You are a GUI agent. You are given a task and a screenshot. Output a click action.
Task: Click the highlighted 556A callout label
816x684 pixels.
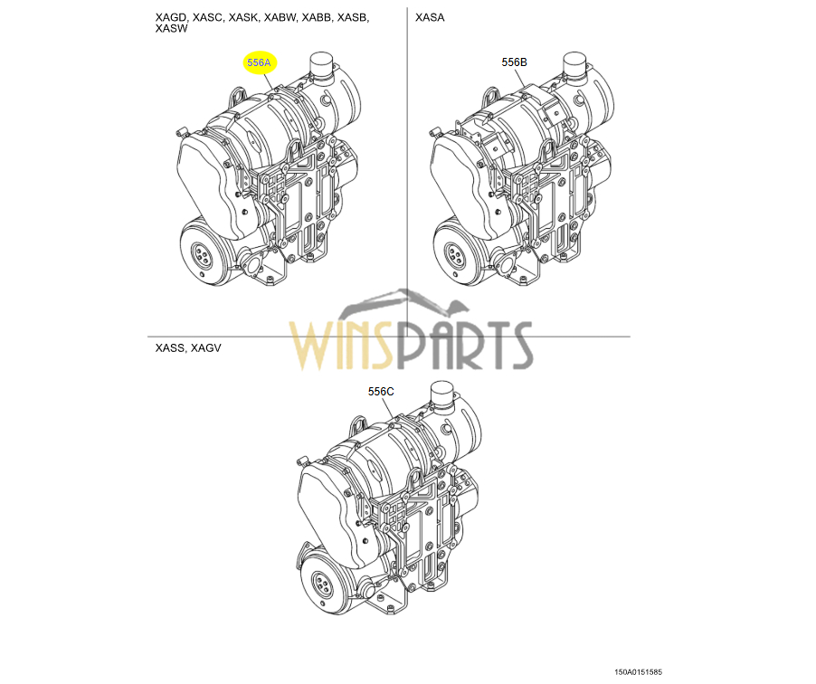(259, 63)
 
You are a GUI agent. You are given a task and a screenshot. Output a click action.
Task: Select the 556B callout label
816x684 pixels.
(514, 62)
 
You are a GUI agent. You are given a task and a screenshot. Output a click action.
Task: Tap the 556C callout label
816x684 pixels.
(381, 392)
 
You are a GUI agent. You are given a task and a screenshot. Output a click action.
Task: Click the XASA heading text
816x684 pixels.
(430, 17)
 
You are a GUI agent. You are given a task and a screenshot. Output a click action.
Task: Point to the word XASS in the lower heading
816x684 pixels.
(170, 347)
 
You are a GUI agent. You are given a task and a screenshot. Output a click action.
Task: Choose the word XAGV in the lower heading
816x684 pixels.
(205, 347)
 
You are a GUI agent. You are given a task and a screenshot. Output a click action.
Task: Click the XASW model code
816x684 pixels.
(171, 29)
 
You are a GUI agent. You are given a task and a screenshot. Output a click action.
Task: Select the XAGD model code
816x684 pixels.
(171, 17)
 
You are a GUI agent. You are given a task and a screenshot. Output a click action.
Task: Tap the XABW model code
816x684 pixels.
(280, 17)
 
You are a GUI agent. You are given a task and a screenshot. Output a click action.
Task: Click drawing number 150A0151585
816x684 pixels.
(638, 672)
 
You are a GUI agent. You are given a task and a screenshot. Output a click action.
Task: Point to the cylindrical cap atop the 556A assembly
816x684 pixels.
(322, 65)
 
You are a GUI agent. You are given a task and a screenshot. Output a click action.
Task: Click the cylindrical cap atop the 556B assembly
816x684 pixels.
(575, 65)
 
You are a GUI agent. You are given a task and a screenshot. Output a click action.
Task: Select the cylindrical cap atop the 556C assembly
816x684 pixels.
(443, 394)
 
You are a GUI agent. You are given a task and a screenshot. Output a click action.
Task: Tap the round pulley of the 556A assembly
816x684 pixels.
(202, 254)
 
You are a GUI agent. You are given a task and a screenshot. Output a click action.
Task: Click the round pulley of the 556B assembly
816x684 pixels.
(455, 254)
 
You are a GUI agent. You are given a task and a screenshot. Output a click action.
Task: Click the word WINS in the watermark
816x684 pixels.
(340, 345)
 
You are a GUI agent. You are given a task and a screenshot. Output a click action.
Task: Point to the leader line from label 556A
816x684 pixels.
(270, 82)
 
